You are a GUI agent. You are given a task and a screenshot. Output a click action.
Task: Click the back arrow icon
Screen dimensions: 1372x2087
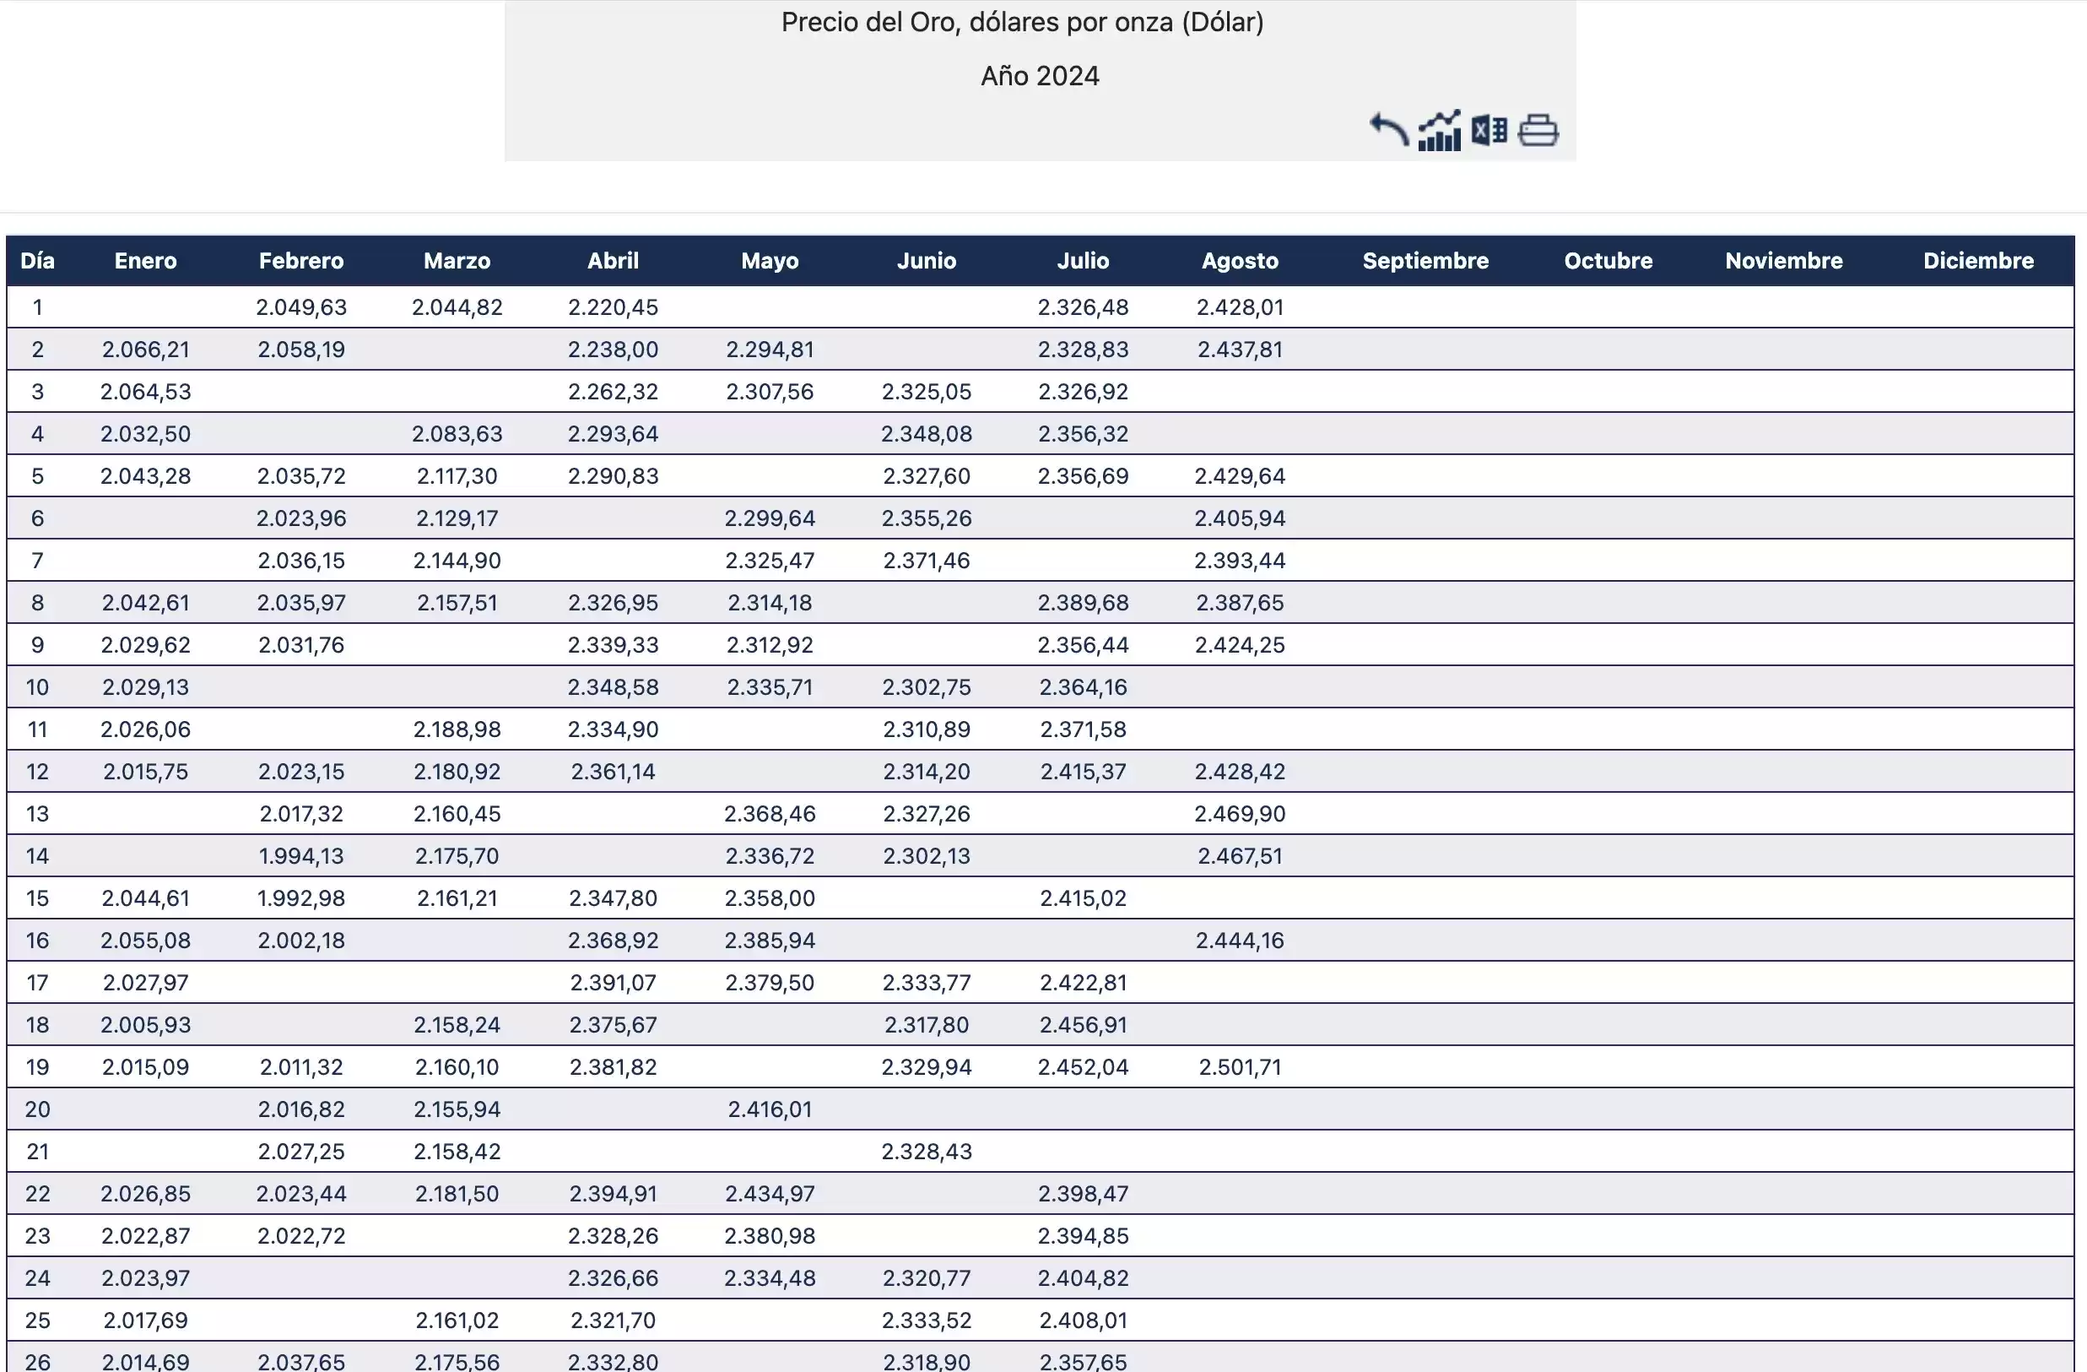(x=1389, y=131)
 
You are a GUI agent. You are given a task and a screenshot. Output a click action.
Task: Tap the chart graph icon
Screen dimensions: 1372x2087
(x=1439, y=131)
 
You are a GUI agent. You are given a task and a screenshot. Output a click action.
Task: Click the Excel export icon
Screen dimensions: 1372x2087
(x=1489, y=131)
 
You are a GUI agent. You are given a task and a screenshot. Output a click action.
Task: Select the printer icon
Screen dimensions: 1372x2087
(x=1538, y=131)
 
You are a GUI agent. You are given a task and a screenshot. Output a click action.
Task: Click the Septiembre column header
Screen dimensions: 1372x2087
(x=1425, y=261)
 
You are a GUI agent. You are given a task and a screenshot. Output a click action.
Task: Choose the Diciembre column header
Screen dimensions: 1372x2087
(x=1978, y=261)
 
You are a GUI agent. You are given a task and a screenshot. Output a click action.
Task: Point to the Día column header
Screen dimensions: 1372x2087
(x=38, y=261)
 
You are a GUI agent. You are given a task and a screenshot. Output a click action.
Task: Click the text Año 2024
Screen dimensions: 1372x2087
(x=1040, y=76)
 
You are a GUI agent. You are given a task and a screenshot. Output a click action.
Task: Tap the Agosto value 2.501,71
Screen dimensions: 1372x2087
(x=1240, y=1066)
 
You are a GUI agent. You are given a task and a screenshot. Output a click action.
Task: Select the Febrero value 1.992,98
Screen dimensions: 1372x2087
(x=300, y=898)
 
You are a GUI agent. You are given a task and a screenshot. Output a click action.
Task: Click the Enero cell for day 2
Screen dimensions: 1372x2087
(x=145, y=350)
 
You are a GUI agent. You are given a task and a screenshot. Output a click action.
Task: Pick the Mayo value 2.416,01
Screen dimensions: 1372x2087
(x=770, y=1109)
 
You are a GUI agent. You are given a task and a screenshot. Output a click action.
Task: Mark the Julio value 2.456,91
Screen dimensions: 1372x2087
(x=1083, y=1025)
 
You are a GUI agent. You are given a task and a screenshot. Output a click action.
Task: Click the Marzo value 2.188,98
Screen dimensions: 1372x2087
(x=457, y=729)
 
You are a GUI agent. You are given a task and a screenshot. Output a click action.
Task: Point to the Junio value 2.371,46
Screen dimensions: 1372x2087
(x=926, y=561)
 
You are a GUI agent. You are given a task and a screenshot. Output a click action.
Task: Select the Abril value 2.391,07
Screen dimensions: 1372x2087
(x=613, y=983)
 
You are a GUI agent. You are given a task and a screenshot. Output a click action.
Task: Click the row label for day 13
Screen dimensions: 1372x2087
(x=38, y=813)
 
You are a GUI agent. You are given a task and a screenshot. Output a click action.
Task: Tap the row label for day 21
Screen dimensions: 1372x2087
(x=38, y=1151)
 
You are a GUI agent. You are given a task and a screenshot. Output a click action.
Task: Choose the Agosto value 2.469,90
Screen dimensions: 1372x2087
(x=1240, y=813)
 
